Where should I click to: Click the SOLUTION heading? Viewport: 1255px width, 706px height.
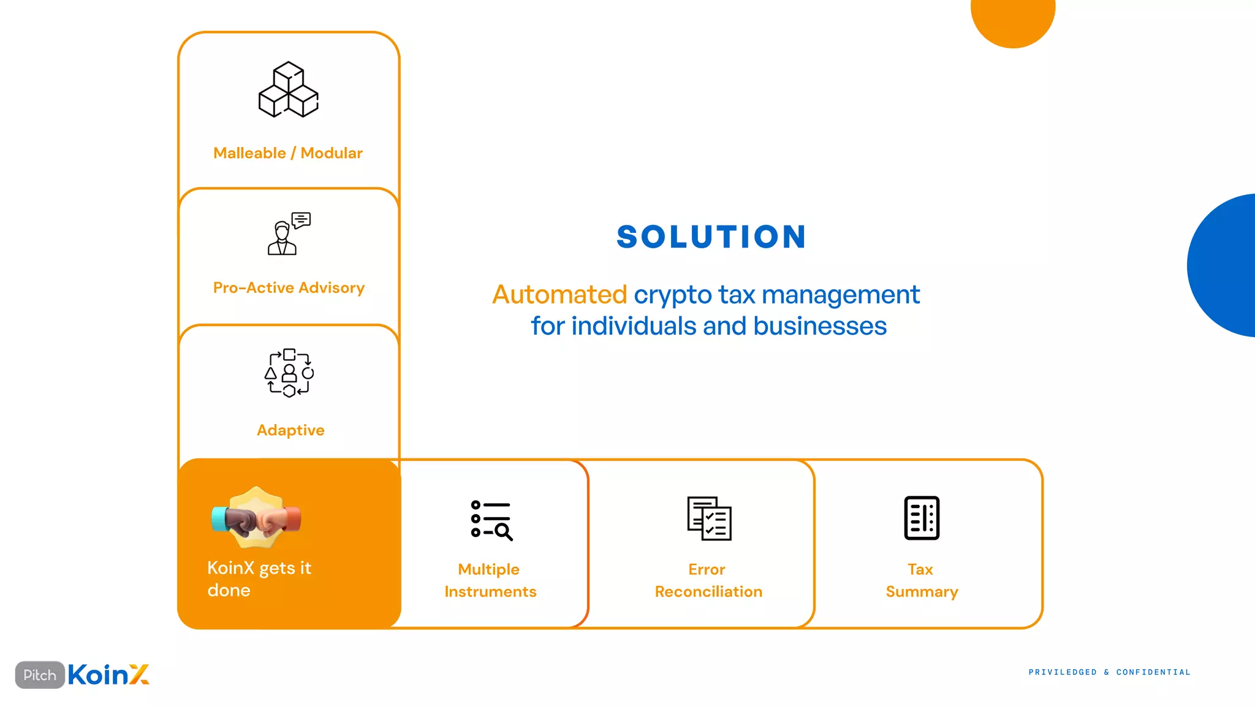(x=711, y=237)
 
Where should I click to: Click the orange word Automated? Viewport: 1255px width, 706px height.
(x=559, y=295)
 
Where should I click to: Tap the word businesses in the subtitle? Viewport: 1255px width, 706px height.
(x=820, y=326)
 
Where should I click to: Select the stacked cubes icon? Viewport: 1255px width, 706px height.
(x=289, y=89)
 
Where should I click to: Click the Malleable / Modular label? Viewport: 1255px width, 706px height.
(x=288, y=153)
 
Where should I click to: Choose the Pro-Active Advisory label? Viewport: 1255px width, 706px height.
(x=289, y=288)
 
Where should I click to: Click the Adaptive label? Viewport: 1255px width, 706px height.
(x=290, y=430)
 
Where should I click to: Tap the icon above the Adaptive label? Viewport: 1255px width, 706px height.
(x=289, y=373)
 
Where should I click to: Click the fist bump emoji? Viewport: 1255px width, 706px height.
(x=256, y=518)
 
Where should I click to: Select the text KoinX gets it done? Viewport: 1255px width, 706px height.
(x=259, y=579)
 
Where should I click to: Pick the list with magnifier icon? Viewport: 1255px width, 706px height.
(x=491, y=520)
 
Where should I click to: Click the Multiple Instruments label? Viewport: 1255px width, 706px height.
(x=490, y=580)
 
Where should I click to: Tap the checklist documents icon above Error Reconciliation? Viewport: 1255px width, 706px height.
(x=709, y=518)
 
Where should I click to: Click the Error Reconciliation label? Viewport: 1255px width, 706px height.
(x=708, y=580)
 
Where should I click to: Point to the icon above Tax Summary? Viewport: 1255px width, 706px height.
(x=922, y=518)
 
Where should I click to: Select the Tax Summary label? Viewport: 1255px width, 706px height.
(x=922, y=580)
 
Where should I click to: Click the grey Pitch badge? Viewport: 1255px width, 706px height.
(x=40, y=675)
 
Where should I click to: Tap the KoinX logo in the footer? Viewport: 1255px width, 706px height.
(x=108, y=675)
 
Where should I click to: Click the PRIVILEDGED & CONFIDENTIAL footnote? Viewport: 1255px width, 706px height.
(x=1109, y=672)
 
